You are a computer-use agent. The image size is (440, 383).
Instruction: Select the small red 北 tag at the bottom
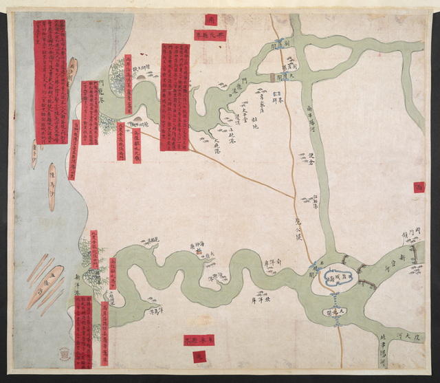click(197, 357)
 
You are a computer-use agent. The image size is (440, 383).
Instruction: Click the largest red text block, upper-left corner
click(50, 81)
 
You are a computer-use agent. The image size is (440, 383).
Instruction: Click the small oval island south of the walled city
click(335, 313)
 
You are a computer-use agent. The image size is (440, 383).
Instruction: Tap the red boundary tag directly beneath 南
click(206, 35)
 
